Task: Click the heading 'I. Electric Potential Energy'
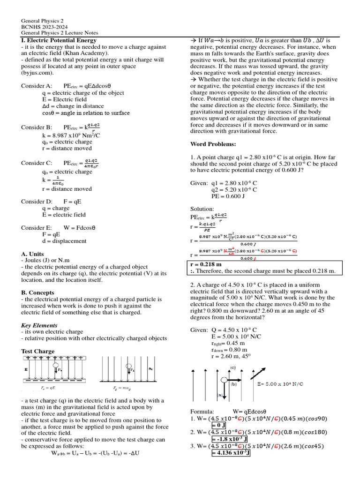tap(59, 40)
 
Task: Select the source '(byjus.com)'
tap(37, 73)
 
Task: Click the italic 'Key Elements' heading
tap(39, 325)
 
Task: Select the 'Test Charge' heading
tap(38, 351)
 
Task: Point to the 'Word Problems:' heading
tap(213, 143)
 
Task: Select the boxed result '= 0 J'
tap(219, 425)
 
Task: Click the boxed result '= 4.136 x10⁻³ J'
tap(231, 453)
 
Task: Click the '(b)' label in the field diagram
tap(233, 383)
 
